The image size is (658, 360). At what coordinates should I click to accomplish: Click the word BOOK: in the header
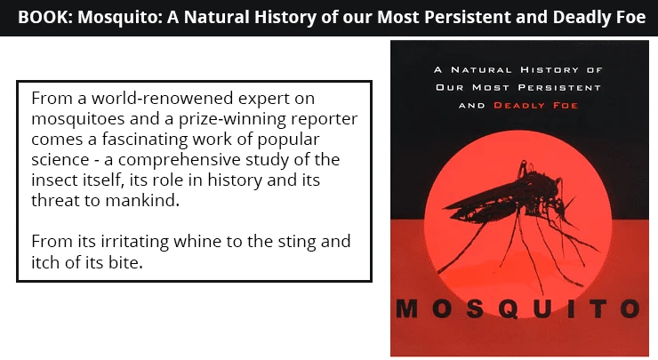click(45, 18)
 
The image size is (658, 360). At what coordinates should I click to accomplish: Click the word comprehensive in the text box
click(180, 160)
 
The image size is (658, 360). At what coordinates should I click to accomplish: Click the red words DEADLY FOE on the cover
click(535, 105)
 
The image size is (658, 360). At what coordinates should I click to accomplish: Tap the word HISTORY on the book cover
click(550, 69)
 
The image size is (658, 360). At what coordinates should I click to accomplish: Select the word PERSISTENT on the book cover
click(559, 88)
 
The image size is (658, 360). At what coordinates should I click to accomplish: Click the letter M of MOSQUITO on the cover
click(407, 308)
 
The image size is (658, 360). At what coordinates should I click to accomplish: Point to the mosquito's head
click(560, 206)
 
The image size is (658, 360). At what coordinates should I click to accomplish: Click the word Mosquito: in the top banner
click(119, 18)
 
